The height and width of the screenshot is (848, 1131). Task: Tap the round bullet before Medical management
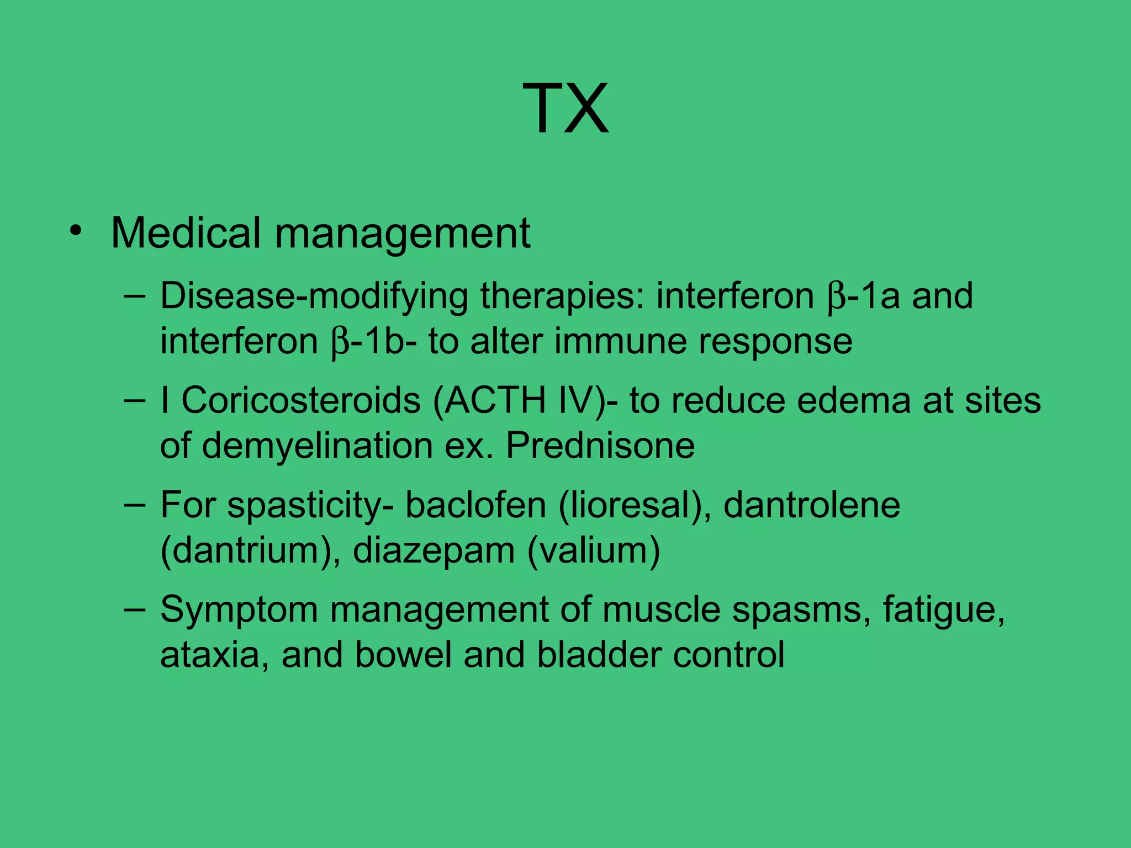[x=76, y=232]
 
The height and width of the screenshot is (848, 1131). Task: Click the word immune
[x=620, y=342]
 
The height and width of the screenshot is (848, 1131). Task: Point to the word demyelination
[x=317, y=446]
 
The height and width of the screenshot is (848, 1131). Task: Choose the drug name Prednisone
[x=600, y=446]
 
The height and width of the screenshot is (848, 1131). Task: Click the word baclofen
[x=475, y=505]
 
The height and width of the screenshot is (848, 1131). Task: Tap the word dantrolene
[x=812, y=505]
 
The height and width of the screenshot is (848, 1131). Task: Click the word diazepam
[x=434, y=551]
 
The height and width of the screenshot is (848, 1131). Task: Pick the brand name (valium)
[x=594, y=551]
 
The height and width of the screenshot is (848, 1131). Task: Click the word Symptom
[x=239, y=610]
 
